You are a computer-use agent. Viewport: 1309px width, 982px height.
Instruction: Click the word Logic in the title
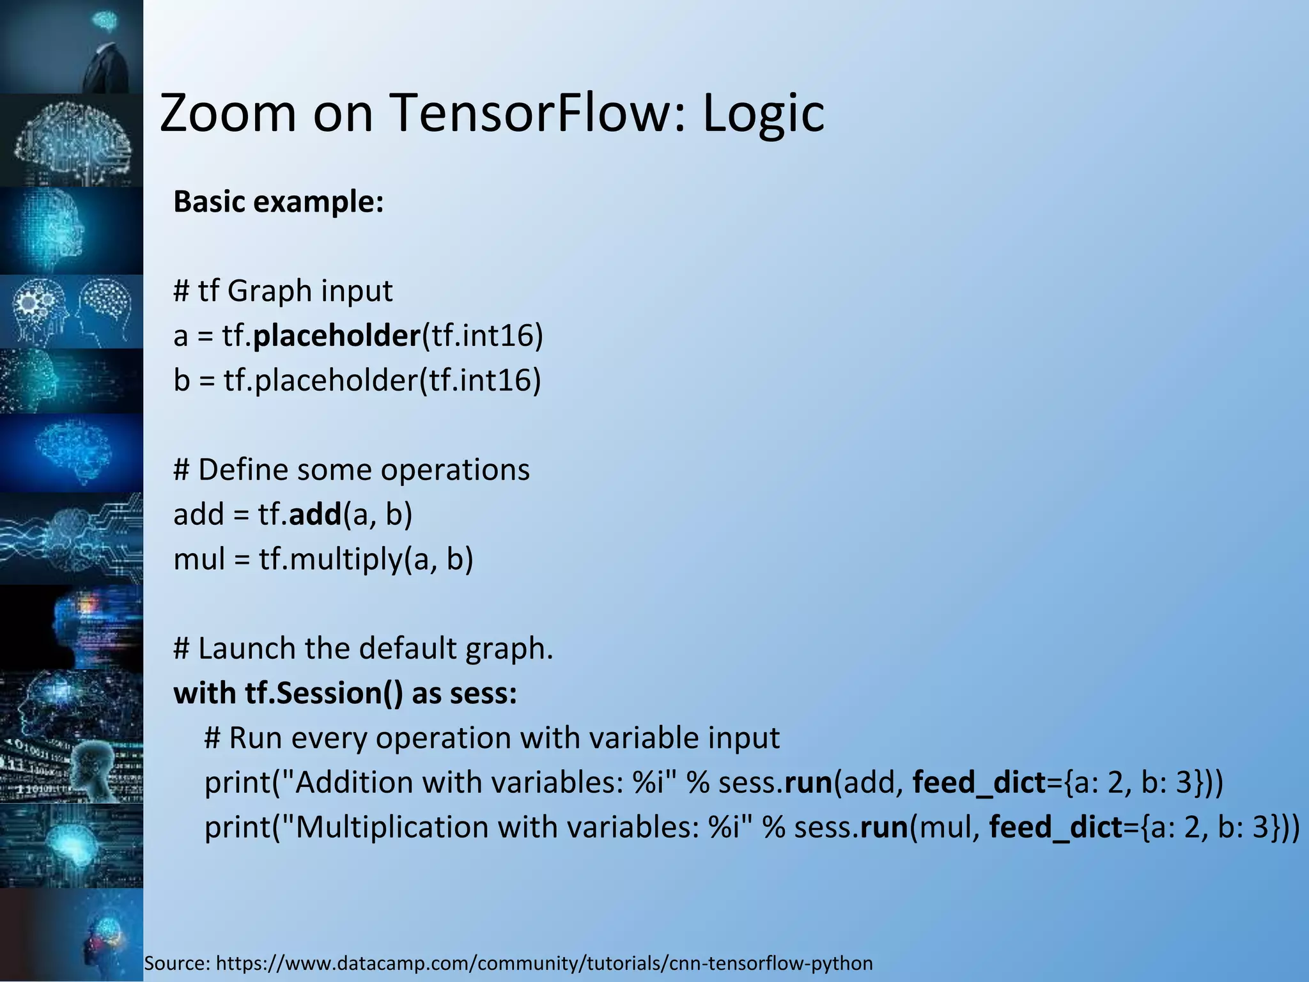[763, 114]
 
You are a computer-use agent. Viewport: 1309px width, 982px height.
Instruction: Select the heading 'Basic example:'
[279, 202]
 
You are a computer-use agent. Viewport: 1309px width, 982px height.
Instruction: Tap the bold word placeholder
[337, 336]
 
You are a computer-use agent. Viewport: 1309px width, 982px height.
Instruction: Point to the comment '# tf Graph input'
[283, 291]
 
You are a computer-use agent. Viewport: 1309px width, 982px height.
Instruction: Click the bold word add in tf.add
[315, 514]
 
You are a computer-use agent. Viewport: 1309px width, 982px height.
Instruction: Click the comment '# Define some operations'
[352, 470]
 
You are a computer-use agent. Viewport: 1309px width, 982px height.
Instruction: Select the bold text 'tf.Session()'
[324, 693]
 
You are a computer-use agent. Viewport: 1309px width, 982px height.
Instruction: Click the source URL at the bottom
[544, 963]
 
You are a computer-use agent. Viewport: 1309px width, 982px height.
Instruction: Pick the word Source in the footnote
[176, 963]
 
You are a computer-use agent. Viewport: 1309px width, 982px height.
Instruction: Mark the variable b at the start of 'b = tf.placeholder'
[182, 380]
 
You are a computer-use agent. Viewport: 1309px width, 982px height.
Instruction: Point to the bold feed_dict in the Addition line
[979, 783]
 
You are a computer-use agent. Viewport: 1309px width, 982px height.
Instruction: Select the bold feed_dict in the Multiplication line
[1056, 827]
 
